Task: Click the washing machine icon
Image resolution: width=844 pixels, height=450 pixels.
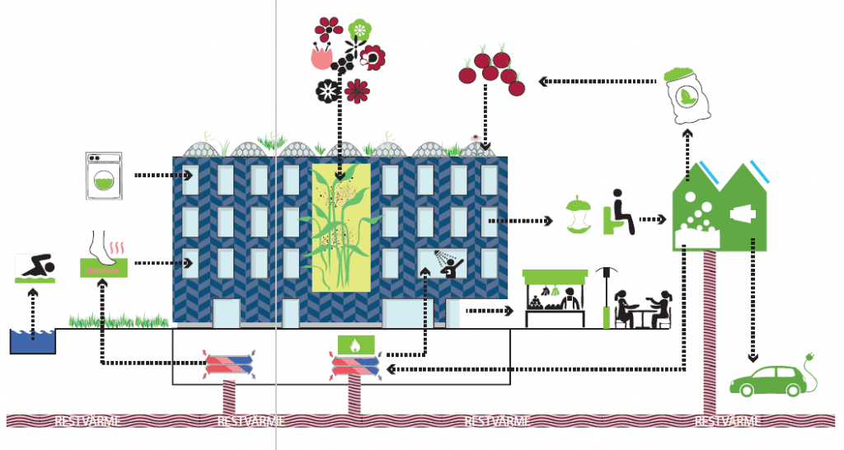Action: pos(103,175)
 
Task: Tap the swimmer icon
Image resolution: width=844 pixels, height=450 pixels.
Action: pos(35,269)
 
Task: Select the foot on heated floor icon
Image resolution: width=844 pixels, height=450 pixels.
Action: pos(104,254)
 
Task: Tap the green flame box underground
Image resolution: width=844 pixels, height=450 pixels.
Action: pos(355,344)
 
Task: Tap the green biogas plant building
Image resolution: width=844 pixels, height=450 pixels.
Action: pos(718,210)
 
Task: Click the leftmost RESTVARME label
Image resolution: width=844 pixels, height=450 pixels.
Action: pos(88,421)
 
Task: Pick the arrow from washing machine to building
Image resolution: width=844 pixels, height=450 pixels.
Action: pos(163,176)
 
